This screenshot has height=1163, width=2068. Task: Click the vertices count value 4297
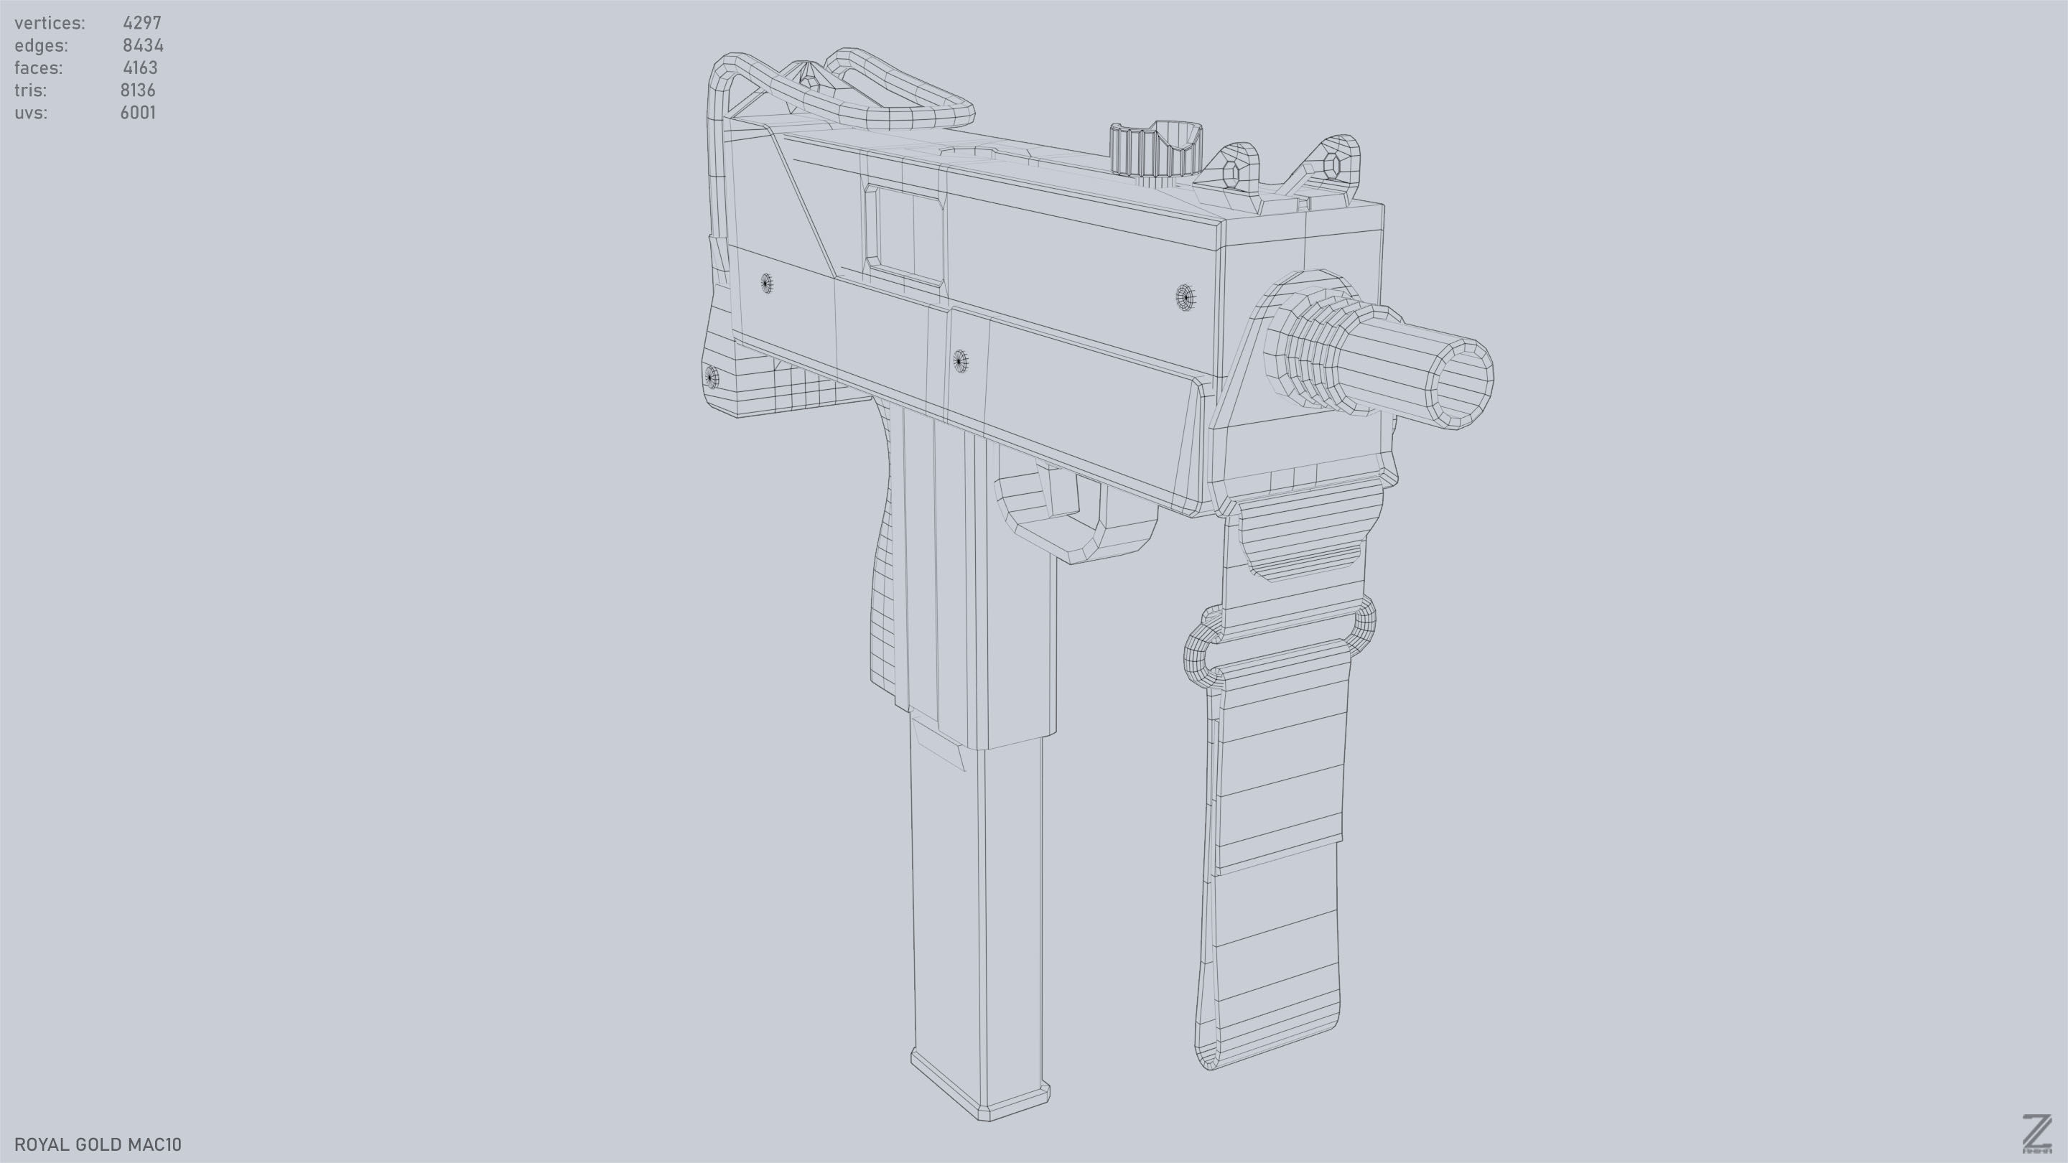point(142,23)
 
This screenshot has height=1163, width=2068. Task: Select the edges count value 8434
point(143,46)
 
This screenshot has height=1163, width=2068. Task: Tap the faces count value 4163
point(141,68)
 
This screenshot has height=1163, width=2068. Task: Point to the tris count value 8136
point(138,90)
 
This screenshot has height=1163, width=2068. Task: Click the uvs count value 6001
point(138,113)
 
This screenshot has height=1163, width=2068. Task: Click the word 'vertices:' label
point(50,23)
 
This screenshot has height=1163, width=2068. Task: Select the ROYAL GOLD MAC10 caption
point(98,1144)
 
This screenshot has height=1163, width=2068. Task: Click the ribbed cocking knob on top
point(1154,151)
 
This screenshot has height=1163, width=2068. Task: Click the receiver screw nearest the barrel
point(1185,297)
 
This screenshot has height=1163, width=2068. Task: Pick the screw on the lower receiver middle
point(959,362)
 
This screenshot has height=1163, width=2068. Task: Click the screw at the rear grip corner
point(710,375)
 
